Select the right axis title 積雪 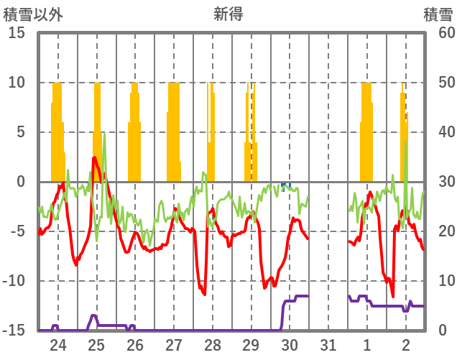(x=438, y=14)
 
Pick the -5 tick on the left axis (x=16, y=231)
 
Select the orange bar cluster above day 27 (x=173, y=133)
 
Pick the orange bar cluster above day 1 (x=366, y=133)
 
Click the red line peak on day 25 (x=95, y=157)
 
